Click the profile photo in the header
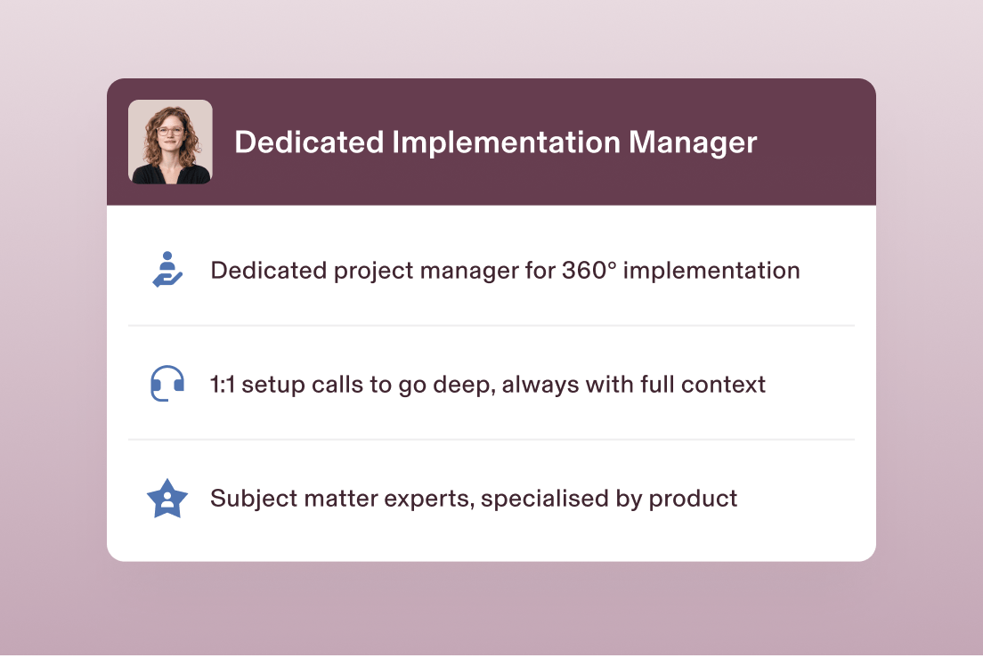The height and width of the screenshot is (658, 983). [170, 142]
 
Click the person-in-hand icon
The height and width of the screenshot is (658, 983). [167, 270]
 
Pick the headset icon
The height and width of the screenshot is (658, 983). [167, 384]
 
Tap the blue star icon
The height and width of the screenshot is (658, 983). [167, 499]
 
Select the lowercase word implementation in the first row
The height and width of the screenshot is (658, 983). [711, 271]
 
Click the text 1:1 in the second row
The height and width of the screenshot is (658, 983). [223, 385]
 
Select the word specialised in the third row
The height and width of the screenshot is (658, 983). [543, 499]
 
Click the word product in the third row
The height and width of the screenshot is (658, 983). [693, 499]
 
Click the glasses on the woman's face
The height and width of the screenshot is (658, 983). [170, 133]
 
